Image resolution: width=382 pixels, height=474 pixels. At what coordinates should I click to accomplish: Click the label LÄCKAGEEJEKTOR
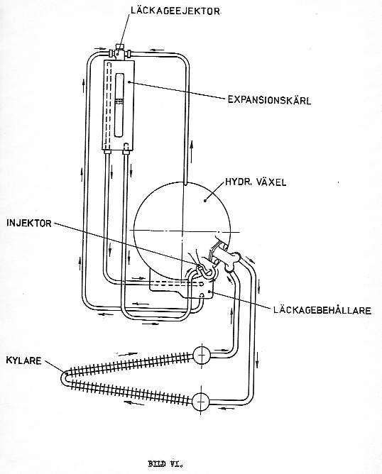pyautogui.click(x=175, y=11)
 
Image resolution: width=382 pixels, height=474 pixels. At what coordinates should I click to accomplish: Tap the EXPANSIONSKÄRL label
pyautogui.click(x=269, y=100)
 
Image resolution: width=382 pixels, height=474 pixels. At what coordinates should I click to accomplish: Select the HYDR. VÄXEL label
pyautogui.click(x=256, y=182)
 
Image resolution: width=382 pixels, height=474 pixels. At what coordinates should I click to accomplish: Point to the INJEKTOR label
pyautogui.click(x=29, y=224)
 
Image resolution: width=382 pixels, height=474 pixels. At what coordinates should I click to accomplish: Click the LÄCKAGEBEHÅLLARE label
pyautogui.click(x=322, y=311)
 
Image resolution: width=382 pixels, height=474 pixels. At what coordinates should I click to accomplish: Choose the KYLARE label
pyautogui.click(x=23, y=360)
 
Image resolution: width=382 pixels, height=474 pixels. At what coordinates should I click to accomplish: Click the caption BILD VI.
pyautogui.click(x=165, y=463)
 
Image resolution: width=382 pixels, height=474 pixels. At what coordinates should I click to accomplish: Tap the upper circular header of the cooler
pyautogui.click(x=202, y=355)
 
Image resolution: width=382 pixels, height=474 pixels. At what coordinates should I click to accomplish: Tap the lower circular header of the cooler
pyautogui.click(x=200, y=402)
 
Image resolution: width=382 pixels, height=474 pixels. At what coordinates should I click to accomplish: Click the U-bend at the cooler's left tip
pyautogui.click(x=63, y=378)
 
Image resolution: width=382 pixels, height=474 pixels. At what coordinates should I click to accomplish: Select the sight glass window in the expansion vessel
pyautogui.click(x=120, y=104)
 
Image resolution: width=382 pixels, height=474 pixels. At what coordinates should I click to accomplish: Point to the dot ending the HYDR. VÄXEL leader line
pyautogui.click(x=206, y=200)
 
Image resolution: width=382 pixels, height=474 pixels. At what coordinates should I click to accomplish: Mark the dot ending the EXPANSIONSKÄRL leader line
pyautogui.click(x=129, y=82)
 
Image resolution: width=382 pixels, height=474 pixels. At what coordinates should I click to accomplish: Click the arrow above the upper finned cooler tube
pyautogui.click(x=126, y=353)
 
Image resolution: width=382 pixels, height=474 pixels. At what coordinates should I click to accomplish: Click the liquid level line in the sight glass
pyautogui.click(x=120, y=100)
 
